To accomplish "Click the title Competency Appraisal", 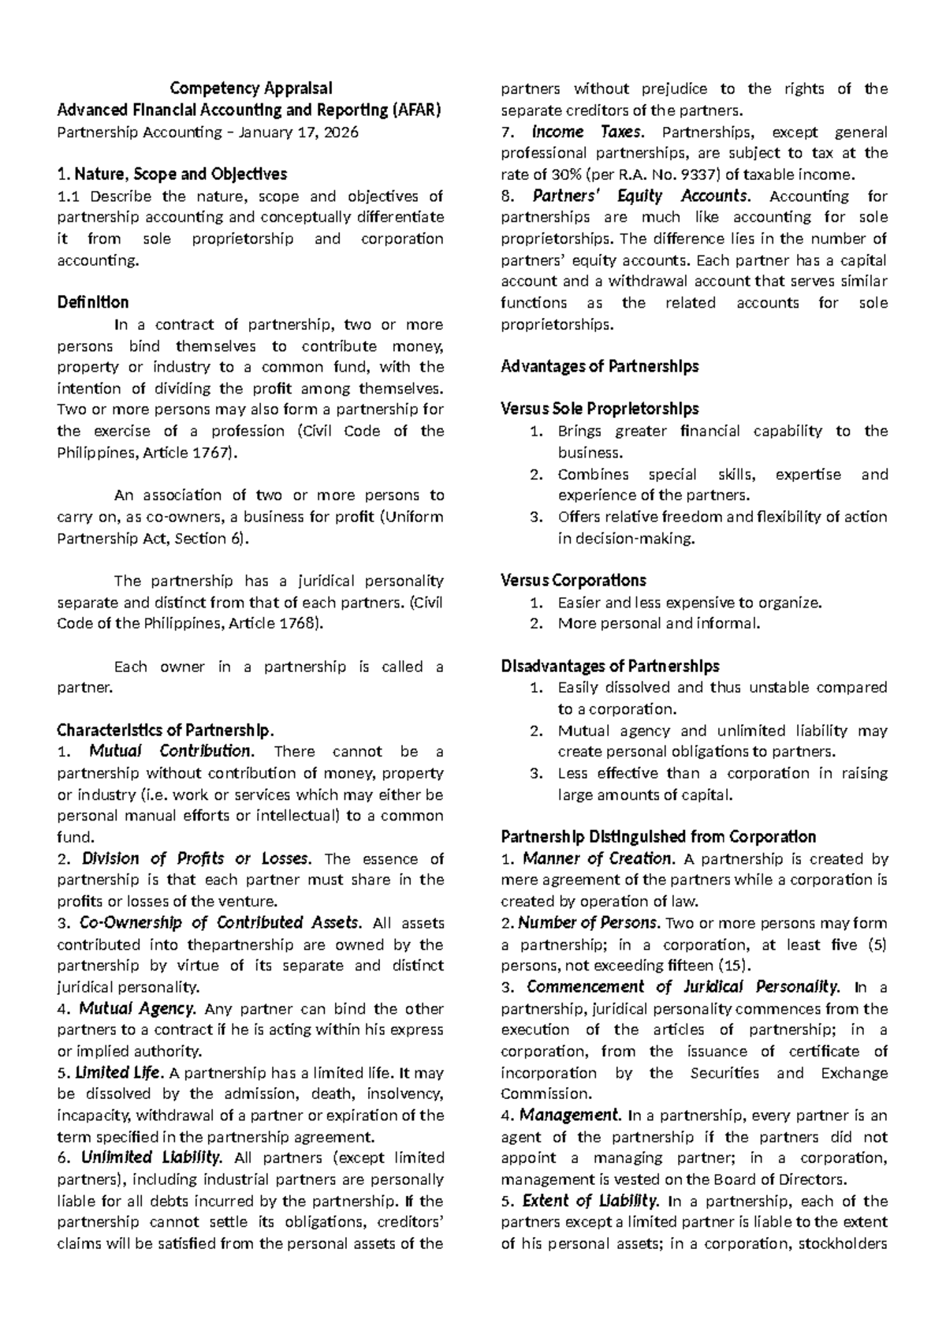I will [251, 88].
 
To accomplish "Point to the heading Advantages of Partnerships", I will [600, 367].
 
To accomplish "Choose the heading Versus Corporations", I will [573, 581].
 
